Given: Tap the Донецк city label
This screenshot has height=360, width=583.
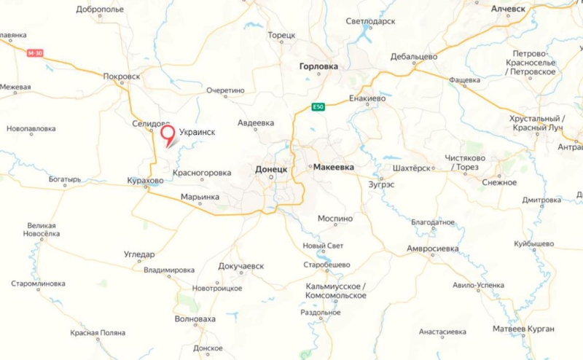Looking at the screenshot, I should pos(272,168).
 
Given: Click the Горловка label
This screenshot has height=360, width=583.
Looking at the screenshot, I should pos(318,66).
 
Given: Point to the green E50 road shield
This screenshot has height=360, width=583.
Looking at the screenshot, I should pos(317,107).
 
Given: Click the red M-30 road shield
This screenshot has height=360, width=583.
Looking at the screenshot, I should pos(35,53).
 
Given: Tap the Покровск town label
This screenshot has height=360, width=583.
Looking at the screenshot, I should pos(122,75).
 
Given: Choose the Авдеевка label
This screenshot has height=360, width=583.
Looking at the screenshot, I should pos(256,123).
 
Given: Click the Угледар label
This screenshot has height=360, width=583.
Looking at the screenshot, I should pos(139,254).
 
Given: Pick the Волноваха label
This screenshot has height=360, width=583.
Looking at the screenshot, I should pos(195,319).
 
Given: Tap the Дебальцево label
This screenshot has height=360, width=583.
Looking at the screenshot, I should pos(413,56).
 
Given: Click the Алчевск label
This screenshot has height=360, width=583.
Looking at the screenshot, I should pos(508,9).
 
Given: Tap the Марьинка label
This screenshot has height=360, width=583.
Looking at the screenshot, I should pos(200,196).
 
